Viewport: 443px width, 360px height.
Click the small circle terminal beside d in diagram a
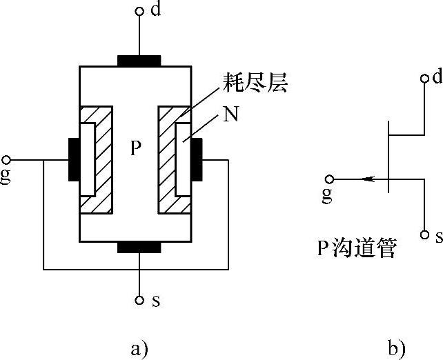[139, 11]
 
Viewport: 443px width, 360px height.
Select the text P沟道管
[357, 249]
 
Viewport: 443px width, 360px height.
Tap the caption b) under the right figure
[396, 345]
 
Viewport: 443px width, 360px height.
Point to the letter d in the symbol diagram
[437, 77]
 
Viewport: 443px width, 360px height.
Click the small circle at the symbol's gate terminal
[330, 178]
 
